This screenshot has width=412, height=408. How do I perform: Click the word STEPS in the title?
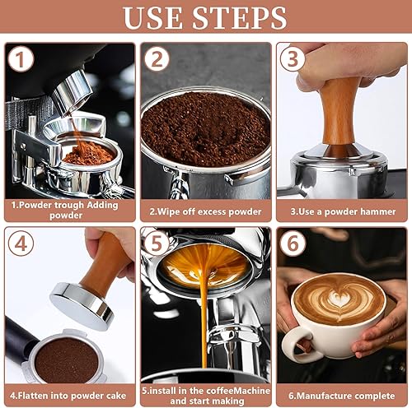click(240, 17)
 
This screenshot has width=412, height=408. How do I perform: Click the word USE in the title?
click(152, 17)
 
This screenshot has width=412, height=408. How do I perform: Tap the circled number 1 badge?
click(21, 59)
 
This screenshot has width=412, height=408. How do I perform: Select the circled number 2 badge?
click(157, 58)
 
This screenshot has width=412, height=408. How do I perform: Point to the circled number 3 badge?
click(293, 58)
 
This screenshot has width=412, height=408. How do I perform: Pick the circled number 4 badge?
click(21, 243)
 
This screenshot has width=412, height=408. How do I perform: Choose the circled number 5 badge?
click(157, 243)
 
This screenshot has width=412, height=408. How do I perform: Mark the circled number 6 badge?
click(293, 243)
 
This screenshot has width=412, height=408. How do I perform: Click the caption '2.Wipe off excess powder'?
click(205, 211)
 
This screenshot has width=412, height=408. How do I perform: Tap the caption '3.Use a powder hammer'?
click(343, 211)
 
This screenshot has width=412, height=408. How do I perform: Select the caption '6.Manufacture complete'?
click(341, 396)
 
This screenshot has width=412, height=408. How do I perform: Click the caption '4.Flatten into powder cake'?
click(68, 396)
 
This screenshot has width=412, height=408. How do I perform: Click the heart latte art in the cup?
click(339, 299)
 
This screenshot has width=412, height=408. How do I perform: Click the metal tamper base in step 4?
click(82, 305)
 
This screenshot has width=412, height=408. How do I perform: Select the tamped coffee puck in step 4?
click(67, 360)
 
